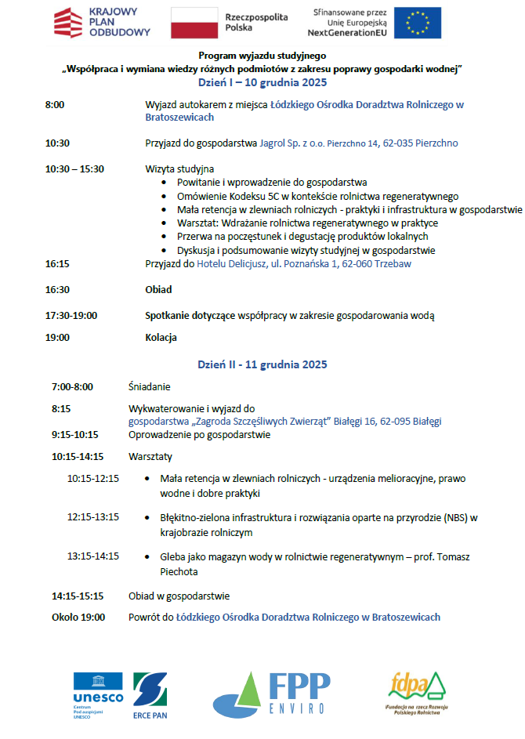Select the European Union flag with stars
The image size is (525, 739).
(418, 23)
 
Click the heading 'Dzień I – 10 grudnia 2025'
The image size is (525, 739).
(262, 82)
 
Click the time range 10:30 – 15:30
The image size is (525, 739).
(74, 168)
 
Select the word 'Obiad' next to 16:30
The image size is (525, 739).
(158, 289)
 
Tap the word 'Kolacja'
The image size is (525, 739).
(161, 338)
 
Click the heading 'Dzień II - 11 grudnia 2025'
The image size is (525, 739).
(262, 364)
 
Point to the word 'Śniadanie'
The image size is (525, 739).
(149, 386)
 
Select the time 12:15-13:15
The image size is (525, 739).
(92, 517)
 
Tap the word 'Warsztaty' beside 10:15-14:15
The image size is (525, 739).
(150, 456)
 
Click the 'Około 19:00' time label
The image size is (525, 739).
(78, 617)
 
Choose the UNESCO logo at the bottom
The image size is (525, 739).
(98, 694)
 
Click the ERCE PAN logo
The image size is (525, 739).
(150, 694)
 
